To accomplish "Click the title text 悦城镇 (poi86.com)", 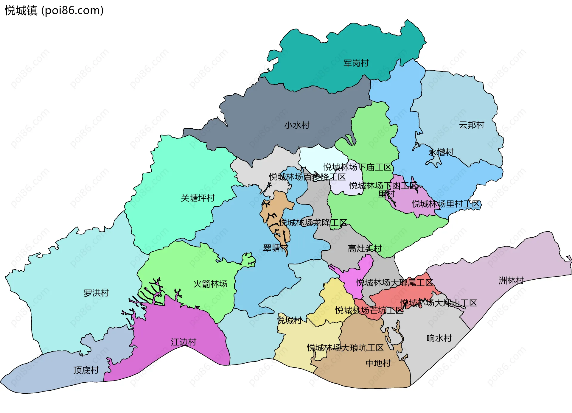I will coord(54,10).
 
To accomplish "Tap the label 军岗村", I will coord(356,63).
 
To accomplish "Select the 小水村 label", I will coord(297,125).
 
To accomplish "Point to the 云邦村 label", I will coord(472,125).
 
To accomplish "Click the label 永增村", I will coord(441,152).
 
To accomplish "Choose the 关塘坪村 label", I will coord(198,198).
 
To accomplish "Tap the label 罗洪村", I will coord(96,293).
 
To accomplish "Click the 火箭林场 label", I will coord(210,284).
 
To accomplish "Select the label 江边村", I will coord(184,342).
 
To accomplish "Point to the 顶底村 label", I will coord(86,370).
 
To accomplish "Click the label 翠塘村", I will coord(275,248).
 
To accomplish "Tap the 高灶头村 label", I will coord(365,248).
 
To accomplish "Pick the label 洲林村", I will coord(511,280).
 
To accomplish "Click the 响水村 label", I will coord(439,338).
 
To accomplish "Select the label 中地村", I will coord(378,363).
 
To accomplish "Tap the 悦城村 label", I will coord(289,320).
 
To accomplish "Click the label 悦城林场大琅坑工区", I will coord(345,348).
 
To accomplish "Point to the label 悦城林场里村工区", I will coord(446,204).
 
